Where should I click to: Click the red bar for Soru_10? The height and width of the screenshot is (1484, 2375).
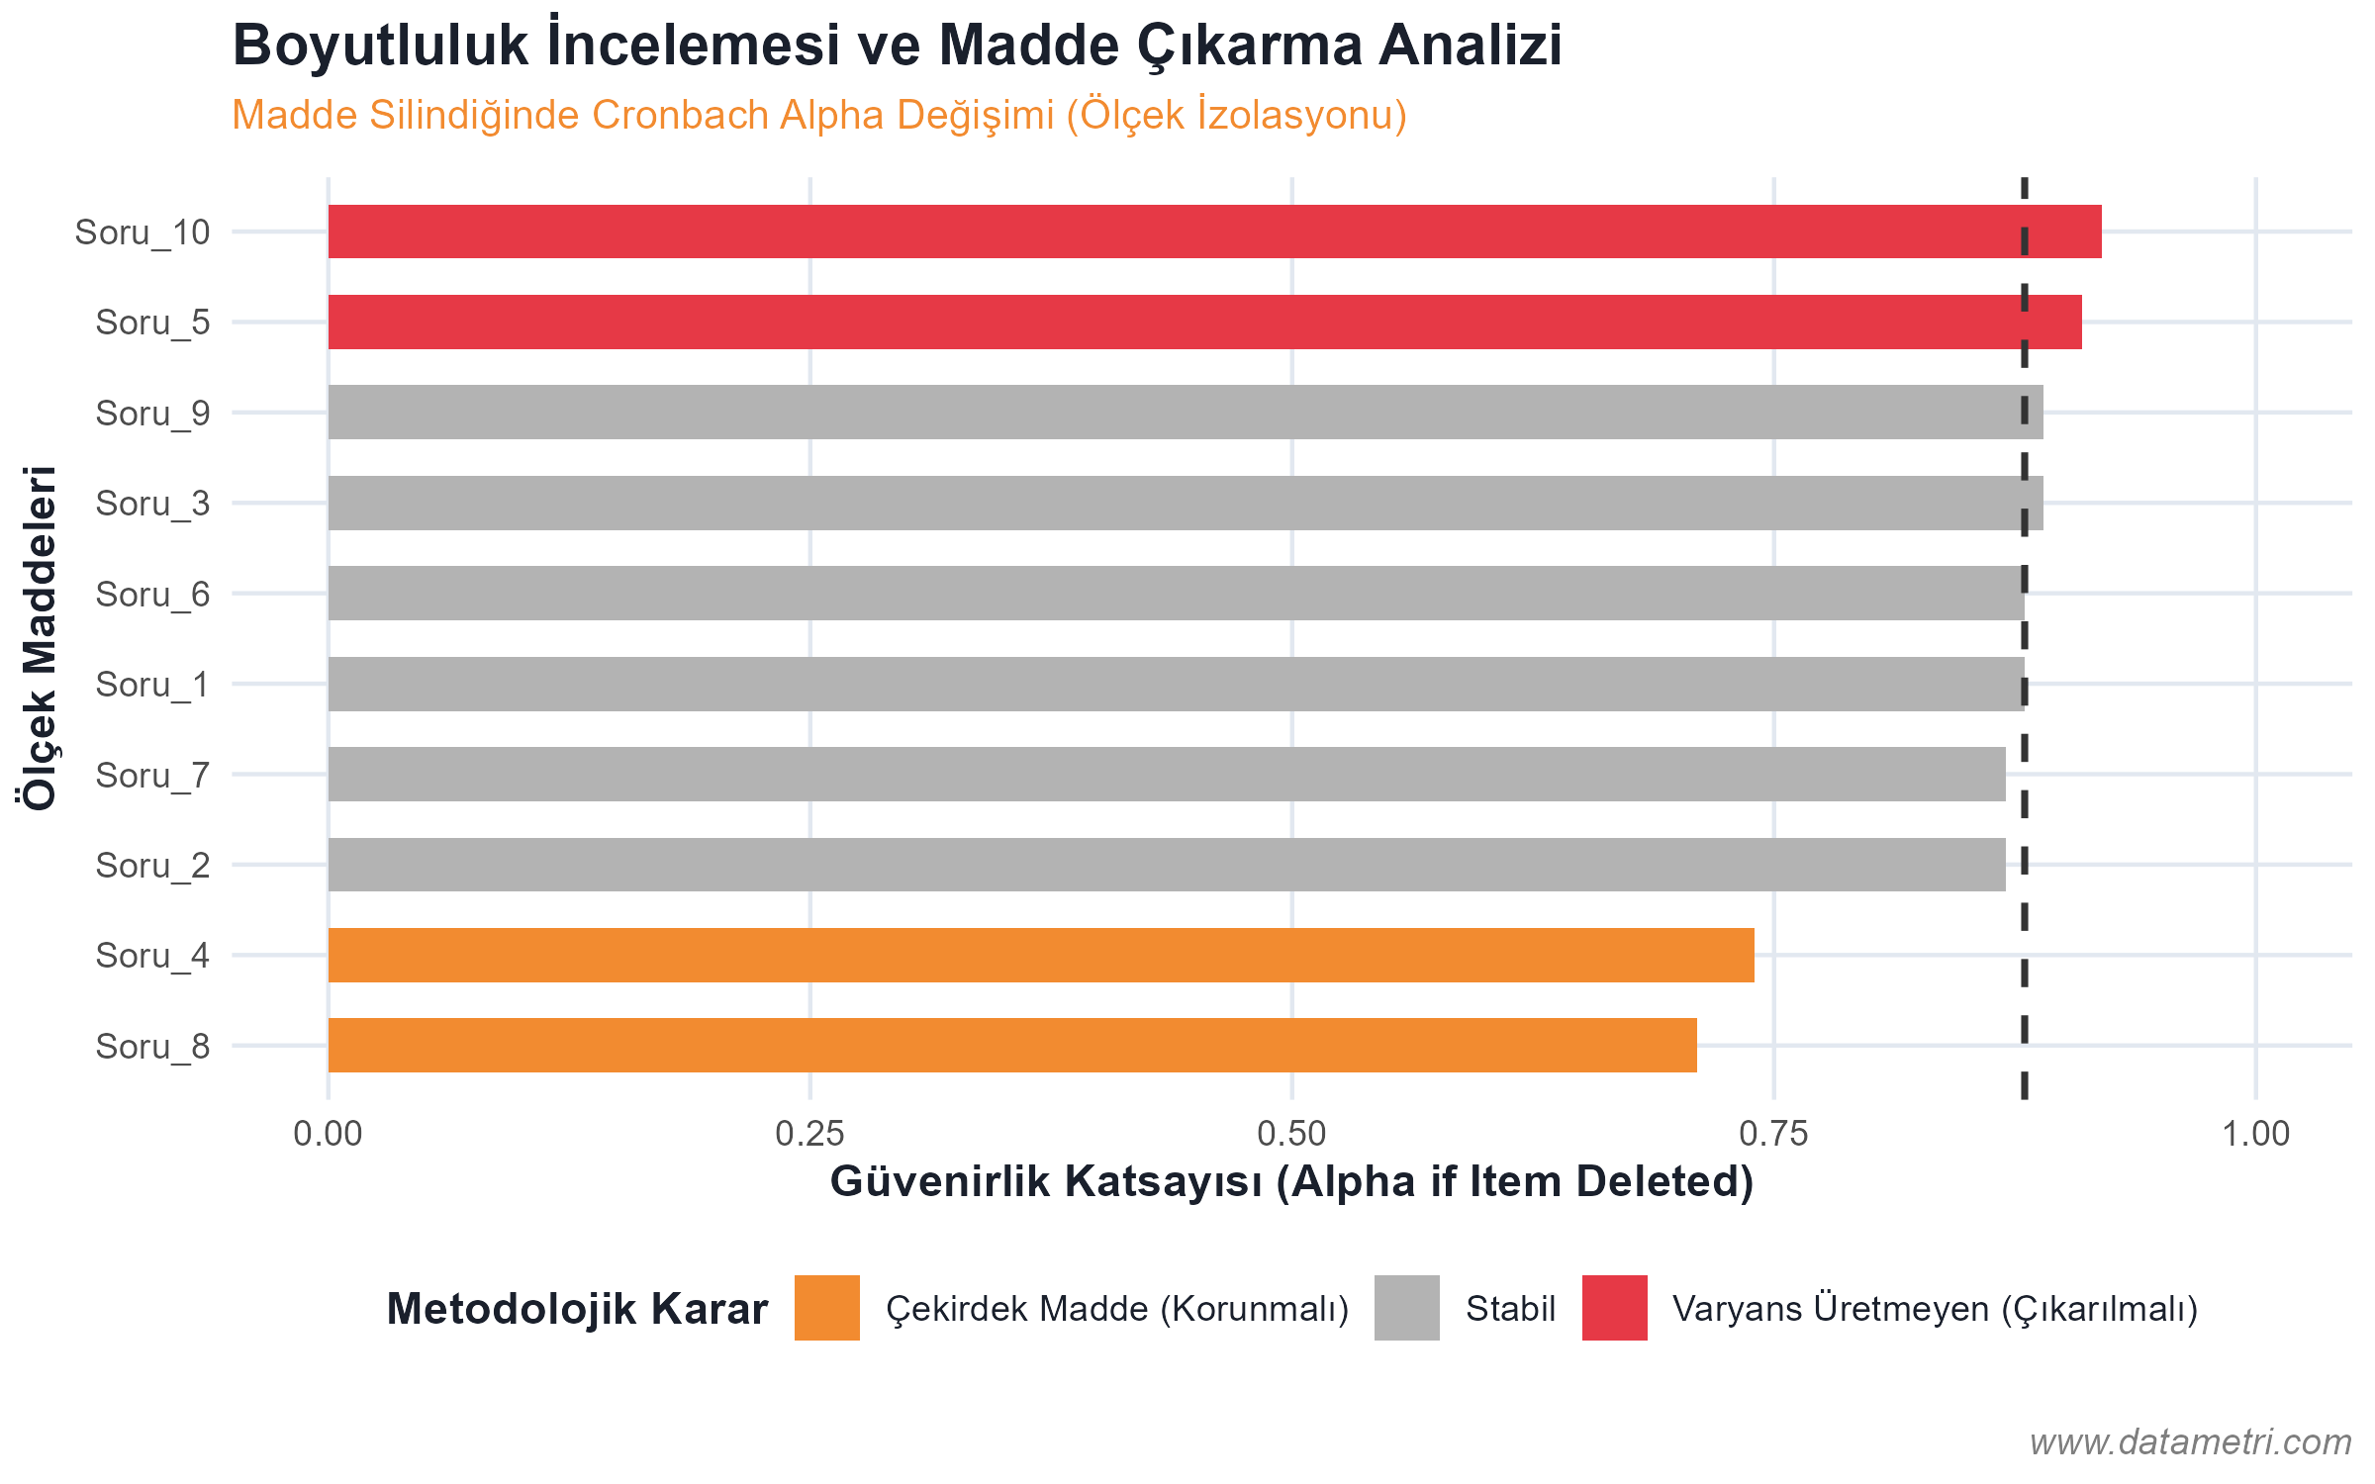click(x=1214, y=232)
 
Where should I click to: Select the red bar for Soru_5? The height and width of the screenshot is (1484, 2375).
click(x=1204, y=322)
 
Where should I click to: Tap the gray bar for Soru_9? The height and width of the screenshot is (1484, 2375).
click(x=1185, y=412)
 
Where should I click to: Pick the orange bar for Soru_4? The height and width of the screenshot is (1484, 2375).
click(x=1041, y=955)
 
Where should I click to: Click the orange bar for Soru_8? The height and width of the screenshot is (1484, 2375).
click(x=1012, y=1045)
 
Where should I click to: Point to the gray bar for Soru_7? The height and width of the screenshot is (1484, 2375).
click(x=1167, y=774)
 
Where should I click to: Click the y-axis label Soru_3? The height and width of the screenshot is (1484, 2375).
click(x=152, y=504)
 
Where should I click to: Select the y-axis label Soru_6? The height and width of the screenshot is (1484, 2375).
click(x=152, y=594)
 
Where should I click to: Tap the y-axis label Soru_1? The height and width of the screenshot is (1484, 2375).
click(x=152, y=685)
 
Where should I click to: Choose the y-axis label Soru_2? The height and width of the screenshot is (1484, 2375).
click(x=152, y=866)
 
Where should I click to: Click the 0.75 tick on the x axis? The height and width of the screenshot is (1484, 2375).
click(x=1773, y=1134)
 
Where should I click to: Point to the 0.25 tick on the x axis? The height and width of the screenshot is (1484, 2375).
click(x=809, y=1134)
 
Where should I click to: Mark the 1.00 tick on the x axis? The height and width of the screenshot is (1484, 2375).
click(x=2255, y=1134)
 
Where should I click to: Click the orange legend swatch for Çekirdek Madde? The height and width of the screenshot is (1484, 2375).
click(x=826, y=1308)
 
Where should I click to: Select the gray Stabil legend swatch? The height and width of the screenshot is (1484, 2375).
click(x=1406, y=1308)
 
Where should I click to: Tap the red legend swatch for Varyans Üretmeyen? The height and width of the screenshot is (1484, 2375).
click(x=1614, y=1308)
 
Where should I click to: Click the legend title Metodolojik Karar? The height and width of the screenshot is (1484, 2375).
click(x=577, y=1309)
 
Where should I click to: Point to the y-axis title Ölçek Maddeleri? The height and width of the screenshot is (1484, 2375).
click(x=40, y=638)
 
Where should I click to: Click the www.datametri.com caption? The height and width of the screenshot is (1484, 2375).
click(x=2190, y=1441)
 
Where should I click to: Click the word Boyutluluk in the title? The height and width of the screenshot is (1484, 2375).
click(x=381, y=46)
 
